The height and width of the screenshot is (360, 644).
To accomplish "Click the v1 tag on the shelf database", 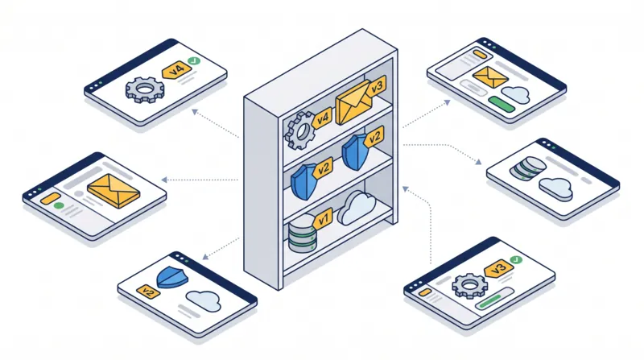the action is pyautogui.click(x=323, y=218).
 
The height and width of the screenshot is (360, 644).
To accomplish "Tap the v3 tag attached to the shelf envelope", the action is pyautogui.click(x=375, y=87).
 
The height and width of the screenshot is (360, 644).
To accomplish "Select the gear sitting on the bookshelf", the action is pyautogui.click(x=300, y=130).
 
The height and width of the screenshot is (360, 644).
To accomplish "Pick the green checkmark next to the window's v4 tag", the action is pyautogui.click(x=193, y=61).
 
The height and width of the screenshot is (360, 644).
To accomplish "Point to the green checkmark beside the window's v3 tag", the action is pyautogui.click(x=515, y=259).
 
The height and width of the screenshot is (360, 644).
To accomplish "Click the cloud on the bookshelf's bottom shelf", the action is pyautogui.click(x=357, y=208).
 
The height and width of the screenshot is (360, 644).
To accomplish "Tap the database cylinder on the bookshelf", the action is pyautogui.click(x=303, y=233).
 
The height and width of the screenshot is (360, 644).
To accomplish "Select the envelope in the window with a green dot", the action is pyautogui.click(x=114, y=191).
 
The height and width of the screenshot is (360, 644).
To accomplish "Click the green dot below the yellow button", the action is pyautogui.click(x=59, y=205).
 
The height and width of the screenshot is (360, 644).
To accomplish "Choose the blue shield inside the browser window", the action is pyautogui.click(x=172, y=276).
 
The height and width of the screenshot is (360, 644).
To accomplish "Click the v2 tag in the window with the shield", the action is pyautogui.click(x=148, y=292).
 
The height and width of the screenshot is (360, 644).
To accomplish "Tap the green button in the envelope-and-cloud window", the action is pyautogui.click(x=502, y=104).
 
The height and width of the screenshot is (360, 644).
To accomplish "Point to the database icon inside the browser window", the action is pyautogui.click(x=528, y=168).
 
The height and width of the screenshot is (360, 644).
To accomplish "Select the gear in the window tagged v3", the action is pyautogui.click(x=470, y=286).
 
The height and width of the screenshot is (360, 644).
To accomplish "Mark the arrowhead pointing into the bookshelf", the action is pyautogui.click(x=405, y=188).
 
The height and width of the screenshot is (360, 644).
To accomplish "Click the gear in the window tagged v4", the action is pyautogui.click(x=145, y=89).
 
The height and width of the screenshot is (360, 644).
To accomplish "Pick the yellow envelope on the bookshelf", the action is pyautogui.click(x=353, y=102).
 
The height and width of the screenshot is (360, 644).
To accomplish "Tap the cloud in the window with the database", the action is pyautogui.click(x=555, y=188).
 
